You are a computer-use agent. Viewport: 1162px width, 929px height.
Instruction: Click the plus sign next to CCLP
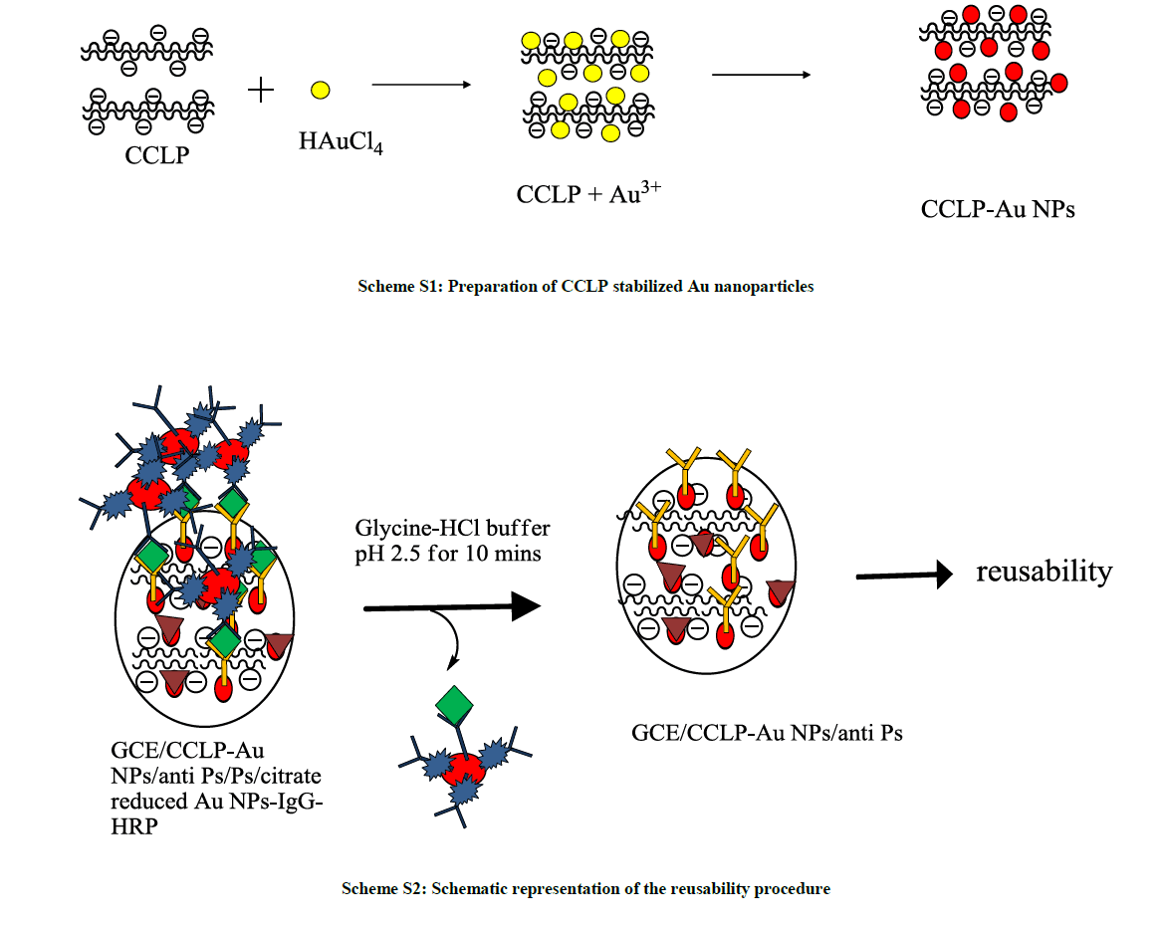[261, 91]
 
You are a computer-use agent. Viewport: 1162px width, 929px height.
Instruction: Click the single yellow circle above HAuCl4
[320, 91]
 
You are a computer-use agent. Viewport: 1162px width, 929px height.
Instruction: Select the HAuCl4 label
[341, 143]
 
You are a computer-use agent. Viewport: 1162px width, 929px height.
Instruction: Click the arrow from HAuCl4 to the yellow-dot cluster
[420, 86]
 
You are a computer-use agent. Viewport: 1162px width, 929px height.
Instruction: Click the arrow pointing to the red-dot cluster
[760, 76]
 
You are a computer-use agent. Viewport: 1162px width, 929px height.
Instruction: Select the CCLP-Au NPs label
[998, 209]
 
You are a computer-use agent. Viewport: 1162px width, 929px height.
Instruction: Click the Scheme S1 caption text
[585, 287]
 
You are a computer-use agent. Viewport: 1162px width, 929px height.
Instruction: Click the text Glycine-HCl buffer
[453, 527]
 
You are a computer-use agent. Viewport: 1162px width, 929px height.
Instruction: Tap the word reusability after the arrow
[1044, 572]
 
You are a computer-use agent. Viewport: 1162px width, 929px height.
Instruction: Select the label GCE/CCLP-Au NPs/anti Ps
[767, 734]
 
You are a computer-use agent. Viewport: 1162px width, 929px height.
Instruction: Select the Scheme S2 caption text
[585, 888]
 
